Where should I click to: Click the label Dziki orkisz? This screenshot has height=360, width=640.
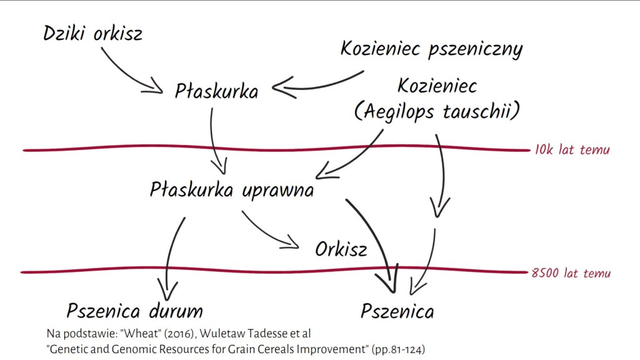pyautogui.click(x=92, y=33)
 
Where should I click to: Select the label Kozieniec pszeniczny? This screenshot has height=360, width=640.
pyautogui.click(x=431, y=49)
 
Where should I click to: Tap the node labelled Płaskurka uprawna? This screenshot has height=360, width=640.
pyautogui.click(x=232, y=190)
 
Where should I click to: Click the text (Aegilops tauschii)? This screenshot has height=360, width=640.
pyautogui.click(x=437, y=112)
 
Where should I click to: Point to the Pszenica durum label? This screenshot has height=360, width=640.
pyautogui.click(x=134, y=310)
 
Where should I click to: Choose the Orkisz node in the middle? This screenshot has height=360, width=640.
pyautogui.click(x=341, y=249)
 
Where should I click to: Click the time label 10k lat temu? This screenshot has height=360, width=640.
pyautogui.click(x=572, y=150)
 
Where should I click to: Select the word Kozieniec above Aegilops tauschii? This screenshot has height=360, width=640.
pyautogui.click(x=437, y=86)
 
